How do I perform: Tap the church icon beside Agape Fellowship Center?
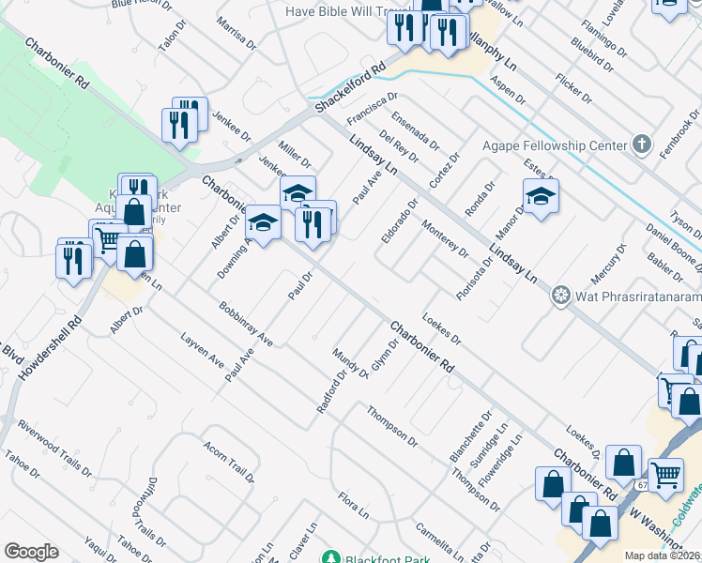(x=642, y=145)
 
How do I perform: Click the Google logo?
(x=31, y=552)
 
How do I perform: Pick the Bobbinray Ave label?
(x=245, y=323)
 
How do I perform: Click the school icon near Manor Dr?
(x=541, y=197)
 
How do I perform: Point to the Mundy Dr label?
(x=350, y=363)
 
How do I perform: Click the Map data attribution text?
(x=662, y=555)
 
